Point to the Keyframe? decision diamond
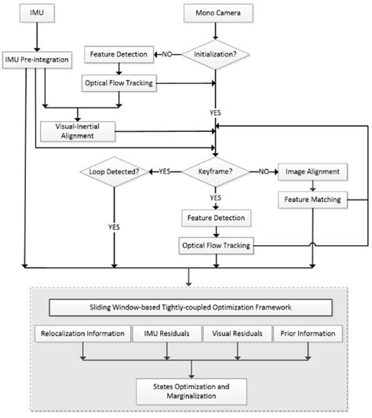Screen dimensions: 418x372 pos(213,169)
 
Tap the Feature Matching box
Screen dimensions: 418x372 pos(313,200)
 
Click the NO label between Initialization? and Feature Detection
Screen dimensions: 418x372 pos(167,56)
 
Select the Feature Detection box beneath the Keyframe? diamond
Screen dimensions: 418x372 pos(213,216)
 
